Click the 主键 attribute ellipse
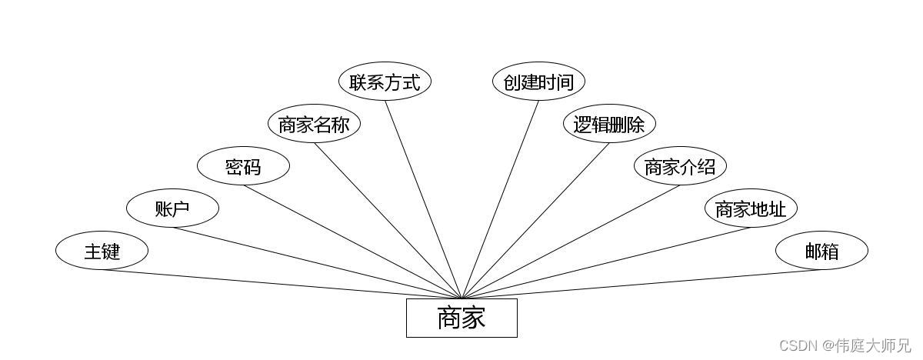pos(102,251)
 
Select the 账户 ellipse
pos(172,208)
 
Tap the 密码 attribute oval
pos(243,167)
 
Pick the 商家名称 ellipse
pos(314,125)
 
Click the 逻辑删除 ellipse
pos(609,125)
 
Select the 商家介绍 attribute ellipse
pos(680,167)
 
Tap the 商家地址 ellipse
pos(751,208)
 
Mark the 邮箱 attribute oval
pos(821,251)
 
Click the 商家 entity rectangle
pos(461,318)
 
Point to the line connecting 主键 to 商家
pos(282,284)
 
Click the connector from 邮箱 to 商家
pos(641,284)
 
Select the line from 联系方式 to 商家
pos(423,199)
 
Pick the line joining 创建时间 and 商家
pos(500,199)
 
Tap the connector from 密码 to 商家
pos(352,242)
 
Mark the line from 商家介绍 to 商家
pos(571,242)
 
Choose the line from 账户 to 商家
pos(317,263)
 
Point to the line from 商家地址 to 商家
pos(606,263)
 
